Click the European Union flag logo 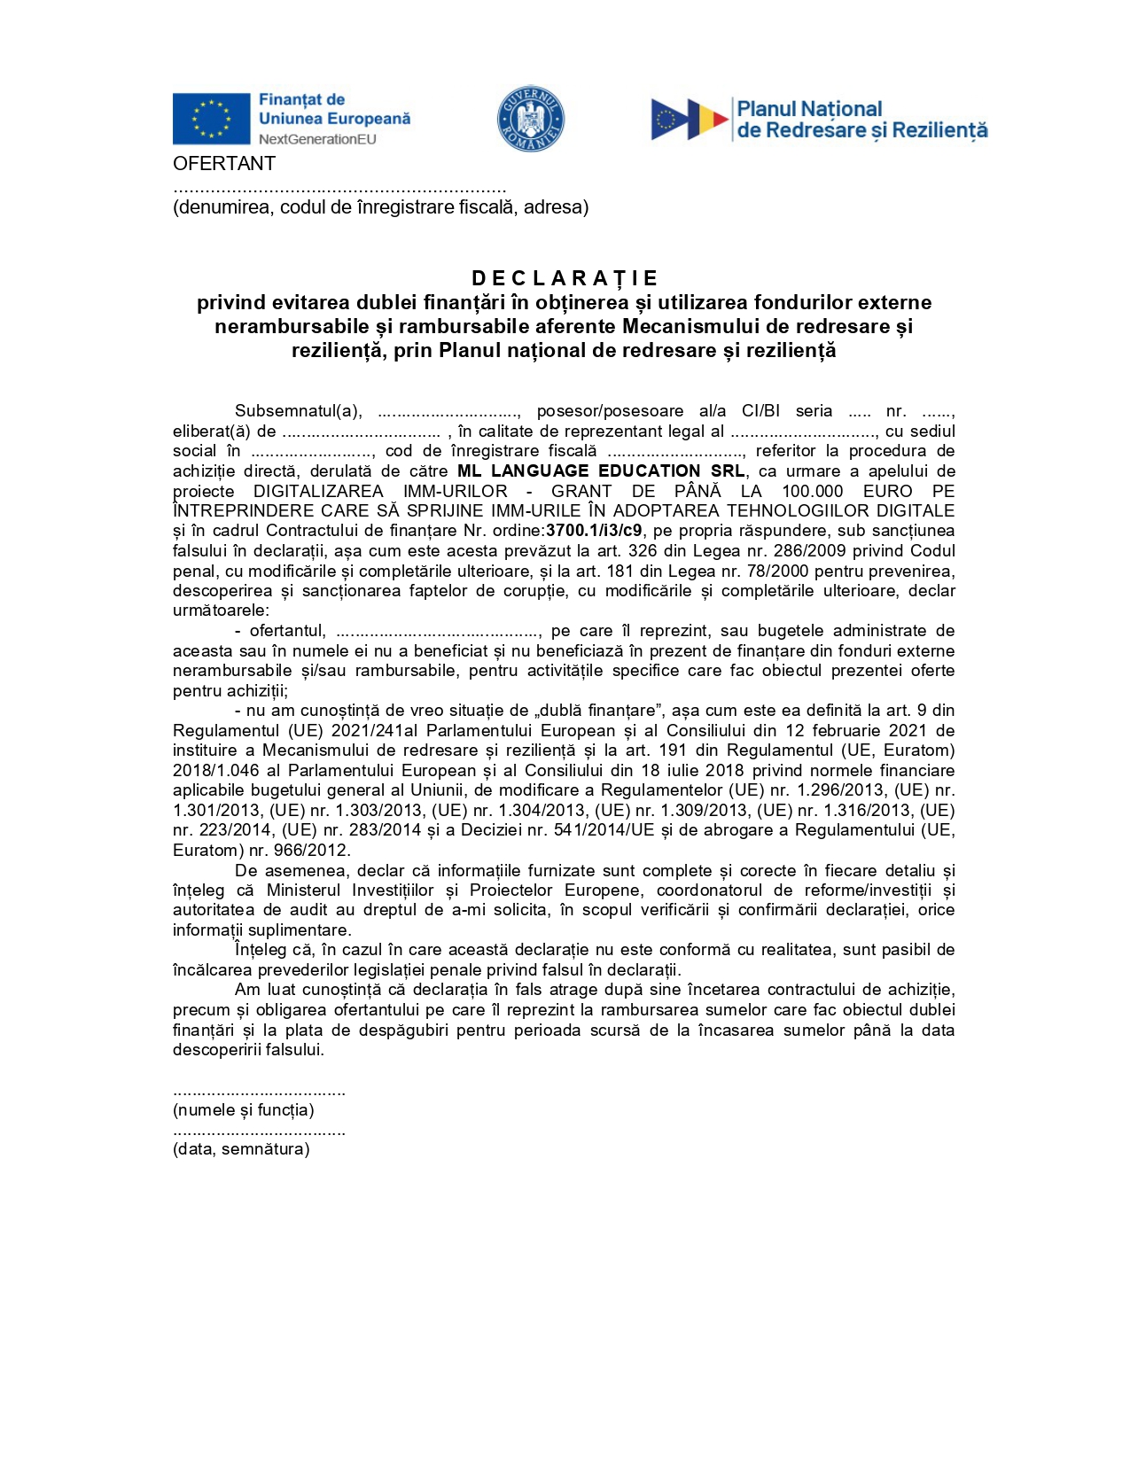(211, 119)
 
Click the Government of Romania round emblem (530, 119)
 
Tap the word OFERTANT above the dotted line (224, 164)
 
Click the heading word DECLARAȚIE (565, 279)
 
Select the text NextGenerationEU (317, 139)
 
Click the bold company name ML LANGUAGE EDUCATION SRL (601, 470)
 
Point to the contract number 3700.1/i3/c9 (594, 531)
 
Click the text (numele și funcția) (243, 1110)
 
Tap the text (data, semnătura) (241, 1149)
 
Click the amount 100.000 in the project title (812, 491)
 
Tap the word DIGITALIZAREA (318, 491)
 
